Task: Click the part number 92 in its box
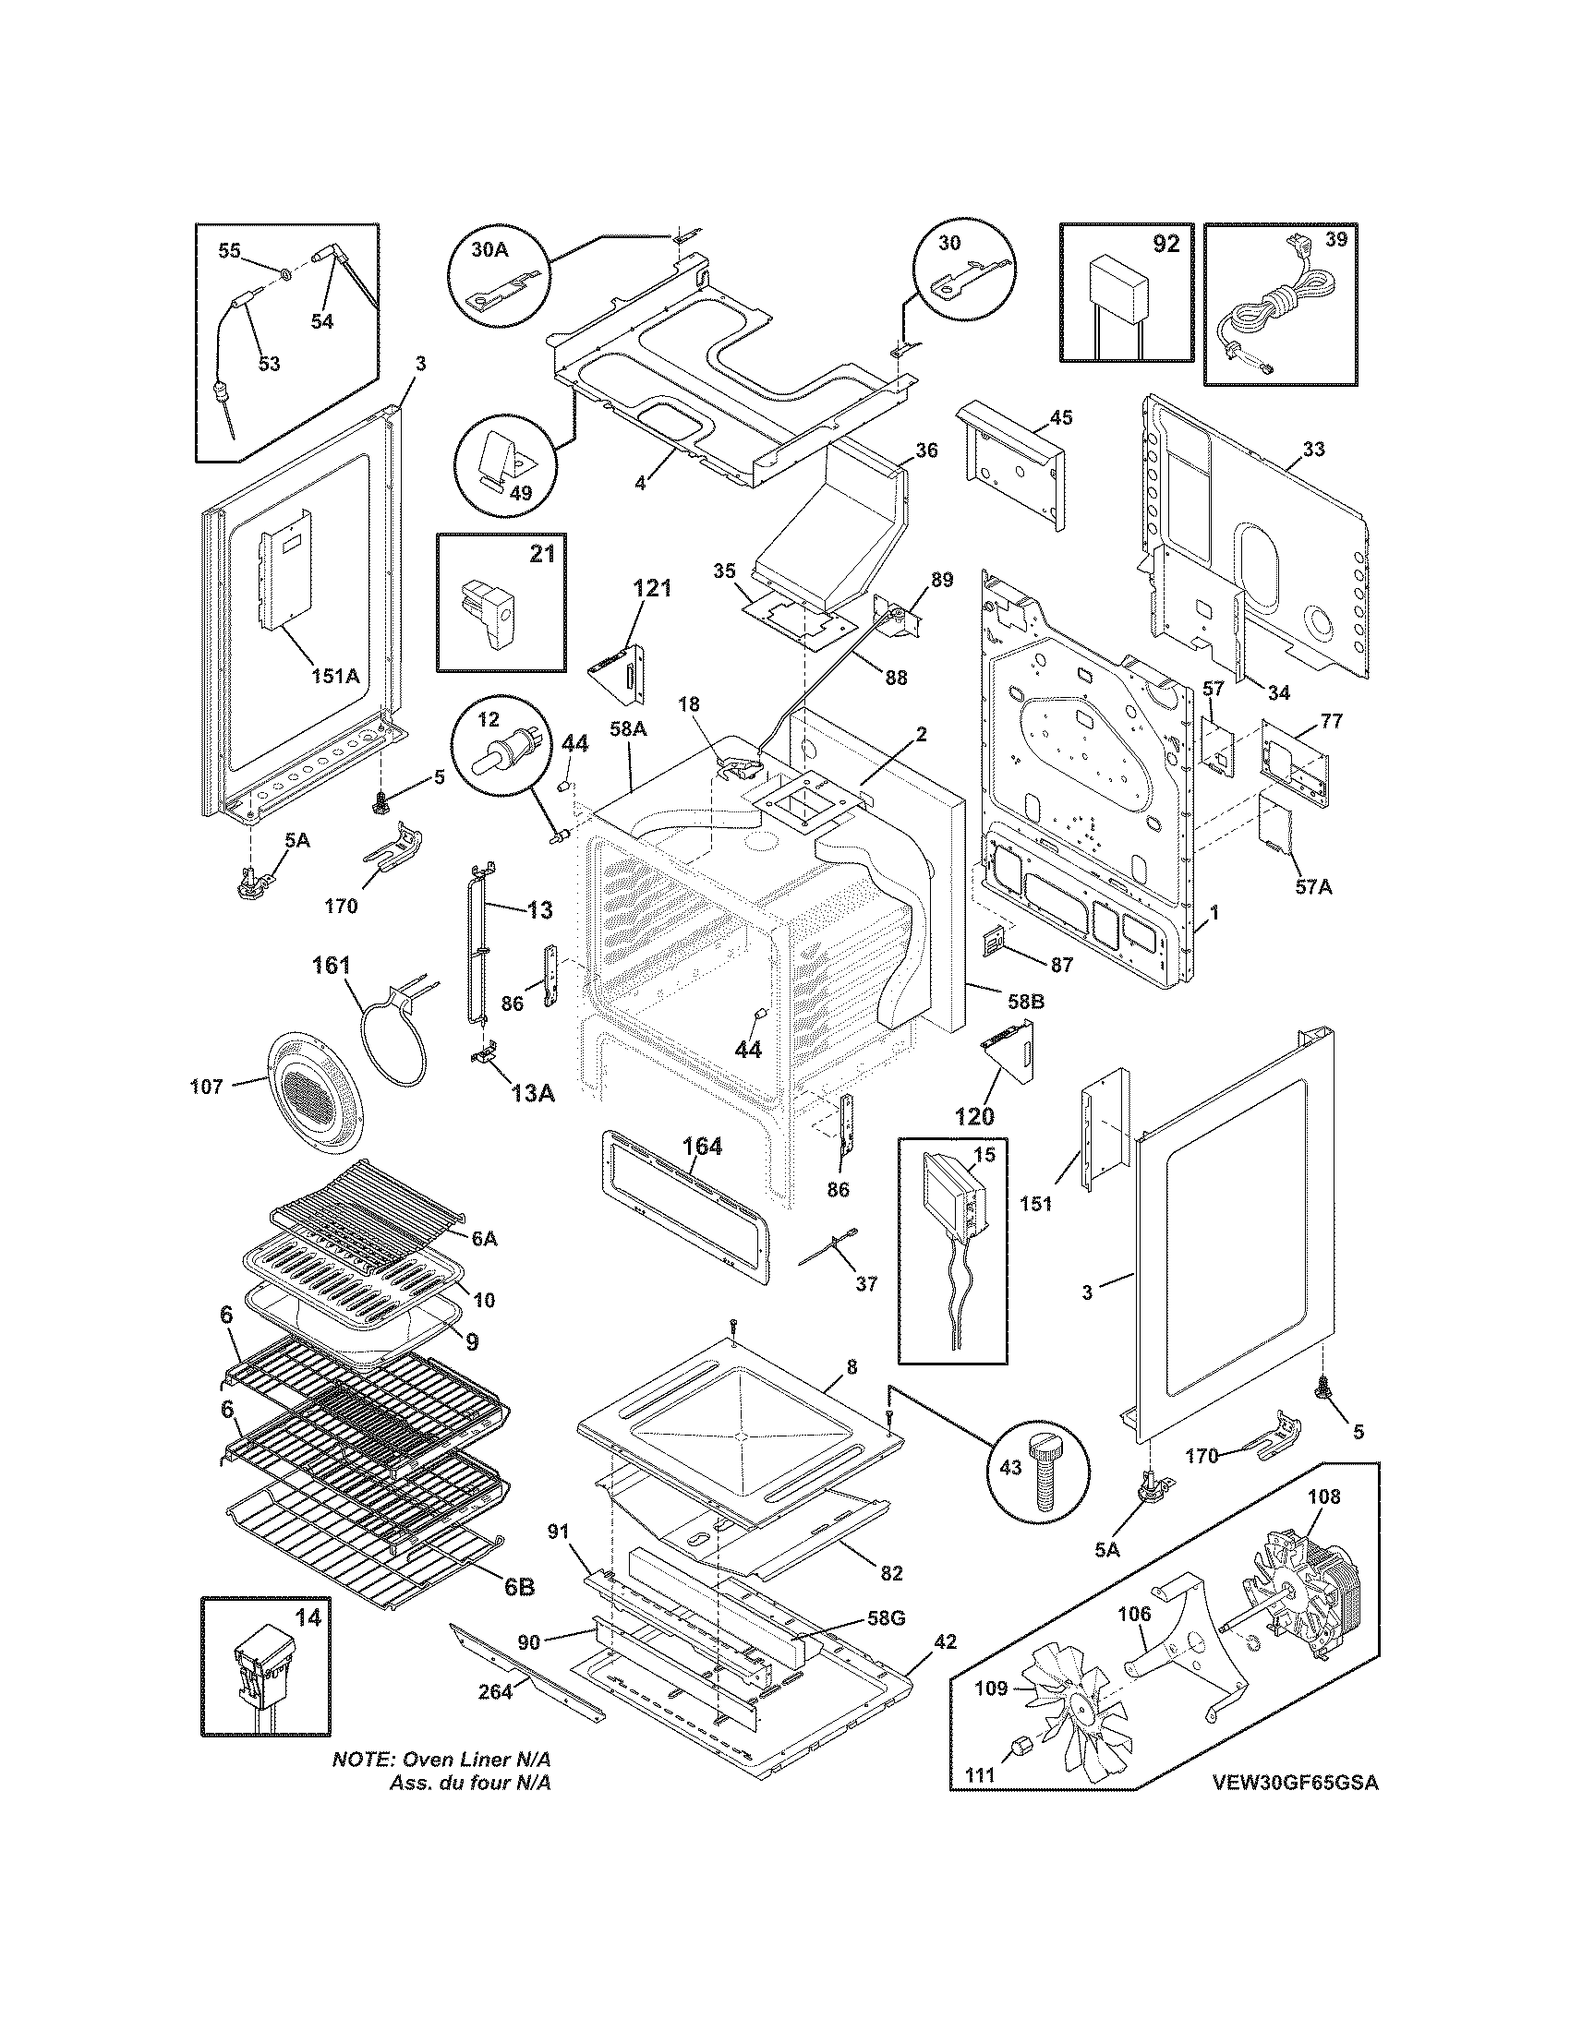1165,245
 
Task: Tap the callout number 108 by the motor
1323,1497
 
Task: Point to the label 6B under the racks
519,1588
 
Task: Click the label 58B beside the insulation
1025,1002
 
